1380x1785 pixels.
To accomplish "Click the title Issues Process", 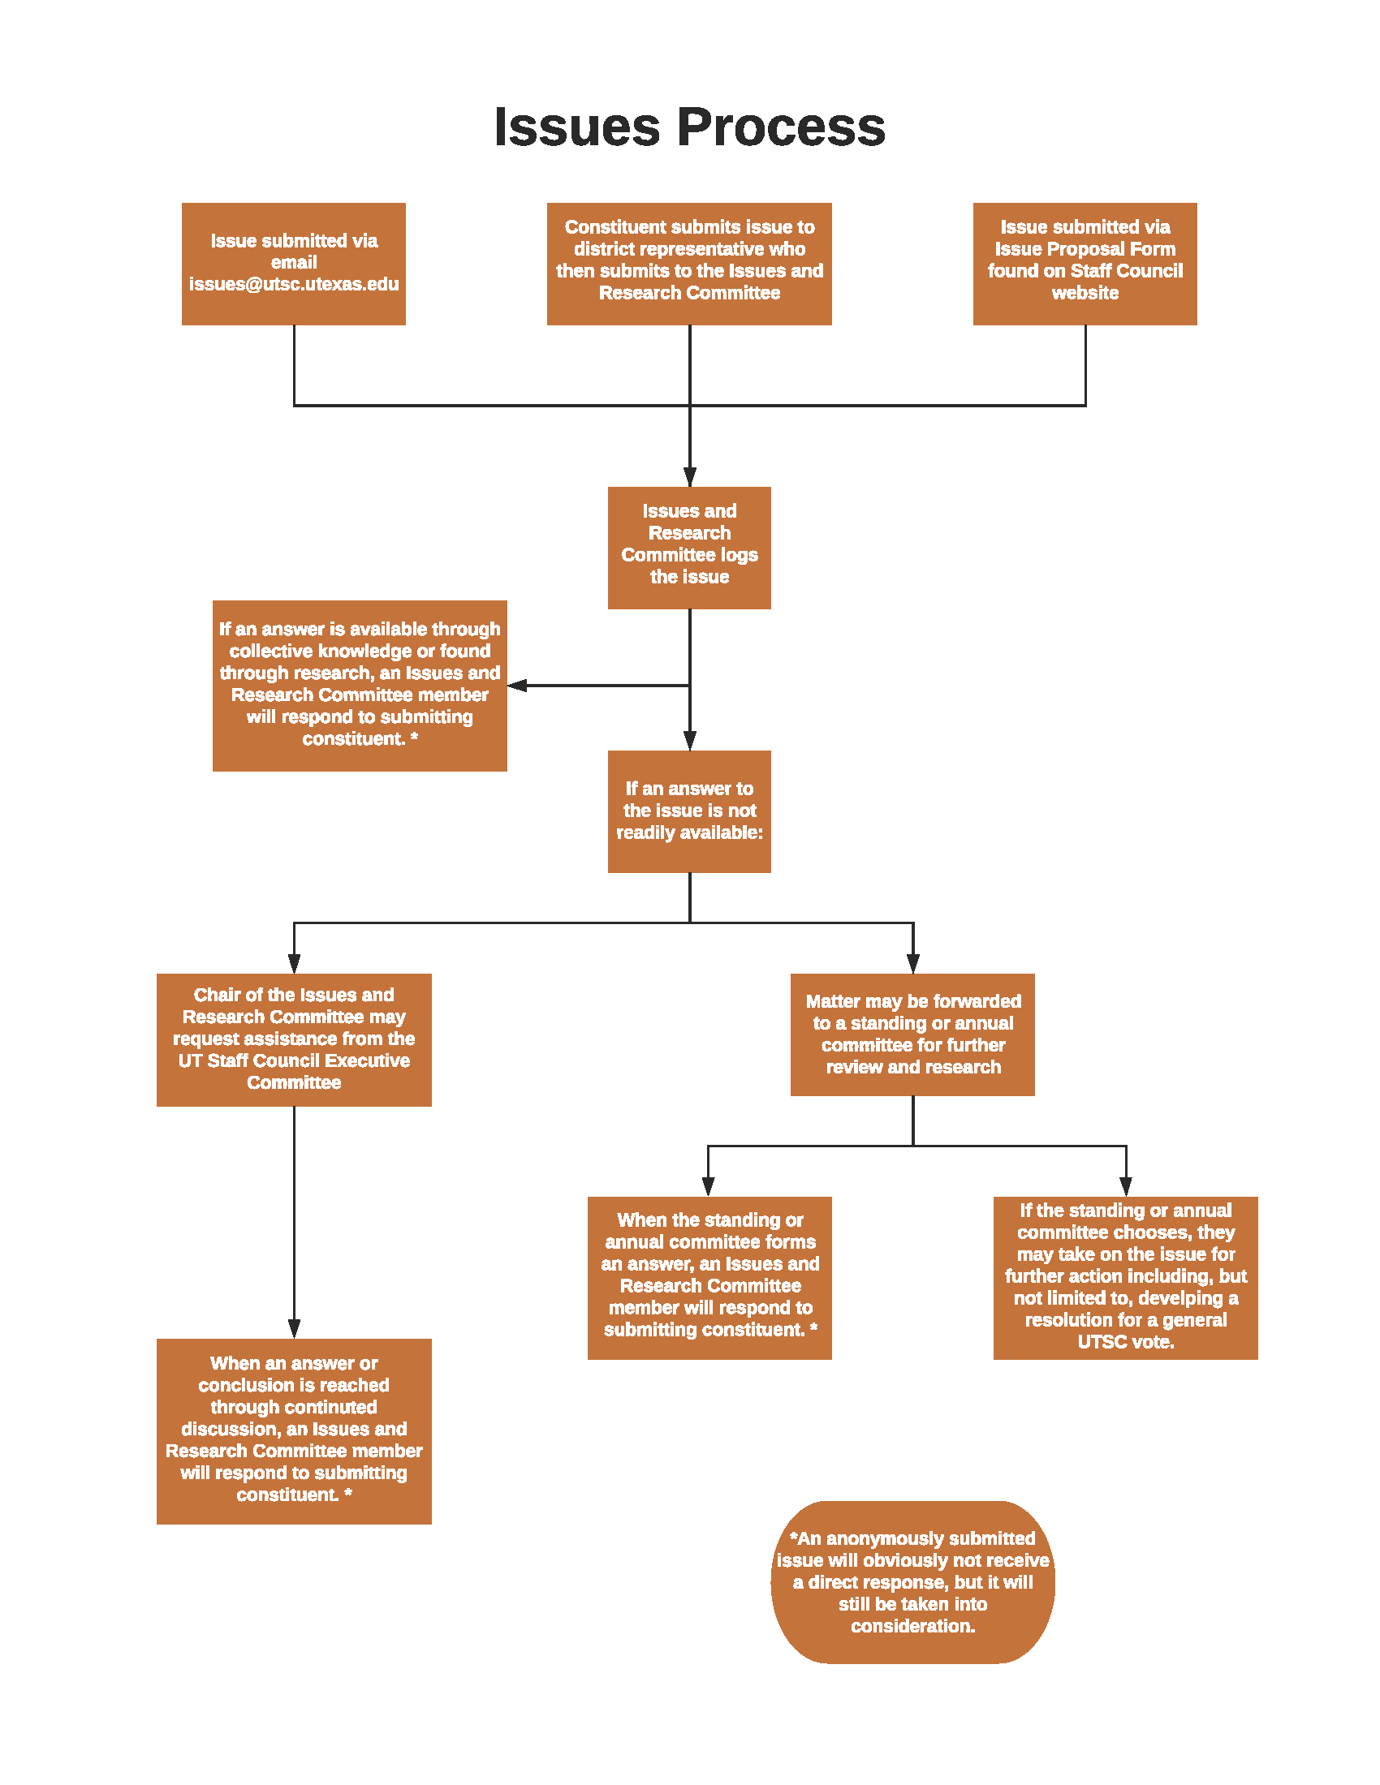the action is tap(689, 127).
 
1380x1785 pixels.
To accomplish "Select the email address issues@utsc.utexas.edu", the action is tap(294, 285).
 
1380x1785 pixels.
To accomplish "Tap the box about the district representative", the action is tap(689, 264).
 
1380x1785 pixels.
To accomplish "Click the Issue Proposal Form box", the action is tap(1085, 264).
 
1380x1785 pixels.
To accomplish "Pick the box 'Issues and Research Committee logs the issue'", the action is tap(689, 548).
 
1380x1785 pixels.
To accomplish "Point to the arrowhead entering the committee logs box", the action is tap(690, 477).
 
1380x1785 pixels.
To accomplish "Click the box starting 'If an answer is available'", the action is tap(360, 686).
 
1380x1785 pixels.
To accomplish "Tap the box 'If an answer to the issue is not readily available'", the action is tap(689, 811).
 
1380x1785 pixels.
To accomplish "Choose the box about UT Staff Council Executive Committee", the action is tap(295, 1039).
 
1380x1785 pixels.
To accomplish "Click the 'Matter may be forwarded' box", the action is tap(912, 1034).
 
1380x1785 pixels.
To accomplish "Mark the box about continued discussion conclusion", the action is tap(295, 1431).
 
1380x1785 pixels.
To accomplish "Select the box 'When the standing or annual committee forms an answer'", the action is tap(709, 1278).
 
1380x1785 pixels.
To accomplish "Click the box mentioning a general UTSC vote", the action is tap(1126, 1278).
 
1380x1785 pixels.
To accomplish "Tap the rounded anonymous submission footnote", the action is tap(912, 1582).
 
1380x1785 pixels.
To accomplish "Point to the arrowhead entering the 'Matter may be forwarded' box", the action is tap(913, 964).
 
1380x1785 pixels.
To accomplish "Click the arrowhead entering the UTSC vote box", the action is tap(1126, 1188).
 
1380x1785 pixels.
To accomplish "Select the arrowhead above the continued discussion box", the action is tap(295, 1329).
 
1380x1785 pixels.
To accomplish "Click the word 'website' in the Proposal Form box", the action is tap(1085, 293).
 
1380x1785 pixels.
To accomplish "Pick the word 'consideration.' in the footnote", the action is tap(912, 1627).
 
